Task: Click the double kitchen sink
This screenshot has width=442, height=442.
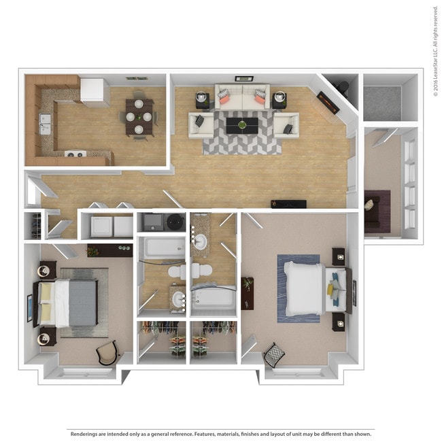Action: click(46, 123)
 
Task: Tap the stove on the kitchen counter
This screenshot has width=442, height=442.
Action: click(75, 154)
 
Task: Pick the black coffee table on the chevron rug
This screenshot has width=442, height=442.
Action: click(241, 126)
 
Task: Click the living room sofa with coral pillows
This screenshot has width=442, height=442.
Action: click(241, 97)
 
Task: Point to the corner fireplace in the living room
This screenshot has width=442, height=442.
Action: click(328, 102)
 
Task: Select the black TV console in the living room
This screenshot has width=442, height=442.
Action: click(288, 203)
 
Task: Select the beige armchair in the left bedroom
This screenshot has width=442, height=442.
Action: click(109, 352)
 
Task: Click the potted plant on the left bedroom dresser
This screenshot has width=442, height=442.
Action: click(92, 251)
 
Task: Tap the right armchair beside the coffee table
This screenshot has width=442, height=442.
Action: click(286, 124)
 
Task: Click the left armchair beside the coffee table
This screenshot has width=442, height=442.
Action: click(200, 124)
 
